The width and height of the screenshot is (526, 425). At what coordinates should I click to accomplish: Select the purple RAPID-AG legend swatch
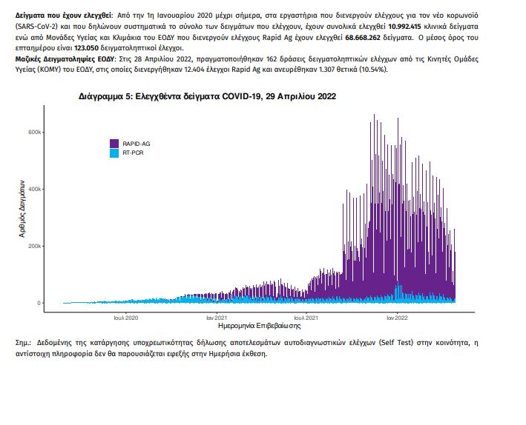[x=114, y=144]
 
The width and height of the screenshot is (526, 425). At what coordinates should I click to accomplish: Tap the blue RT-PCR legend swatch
[x=114, y=153]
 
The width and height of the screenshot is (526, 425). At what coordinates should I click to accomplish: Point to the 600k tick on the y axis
[x=35, y=133]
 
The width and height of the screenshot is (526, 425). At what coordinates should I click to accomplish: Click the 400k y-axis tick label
[x=35, y=190]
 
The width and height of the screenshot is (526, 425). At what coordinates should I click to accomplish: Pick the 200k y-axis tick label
[x=35, y=246]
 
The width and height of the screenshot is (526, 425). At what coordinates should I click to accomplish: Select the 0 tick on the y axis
[x=39, y=303]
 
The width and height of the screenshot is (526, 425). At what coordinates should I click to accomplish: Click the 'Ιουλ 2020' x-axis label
[x=126, y=318]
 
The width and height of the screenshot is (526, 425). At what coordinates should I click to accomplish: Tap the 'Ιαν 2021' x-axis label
[x=217, y=318]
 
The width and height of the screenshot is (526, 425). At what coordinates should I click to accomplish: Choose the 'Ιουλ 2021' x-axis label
[x=306, y=318]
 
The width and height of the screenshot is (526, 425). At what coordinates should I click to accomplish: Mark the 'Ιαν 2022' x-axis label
[x=397, y=318]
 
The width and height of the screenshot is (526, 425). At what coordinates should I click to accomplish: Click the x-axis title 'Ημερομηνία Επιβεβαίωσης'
[x=260, y=326]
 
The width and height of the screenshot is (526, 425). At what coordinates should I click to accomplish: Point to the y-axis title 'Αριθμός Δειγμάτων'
[x=22, y=209]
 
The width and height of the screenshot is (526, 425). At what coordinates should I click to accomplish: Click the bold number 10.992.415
[x=404, y=27]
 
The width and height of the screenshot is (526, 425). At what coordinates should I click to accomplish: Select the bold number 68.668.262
[x=363, y=38]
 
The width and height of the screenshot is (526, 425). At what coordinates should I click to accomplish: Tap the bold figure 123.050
[x=86, y=48]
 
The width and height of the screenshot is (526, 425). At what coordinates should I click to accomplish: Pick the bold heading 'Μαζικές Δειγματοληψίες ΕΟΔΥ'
[x=65, y=59]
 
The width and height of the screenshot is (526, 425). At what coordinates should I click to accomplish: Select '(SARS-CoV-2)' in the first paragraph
[x=37, y=27]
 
